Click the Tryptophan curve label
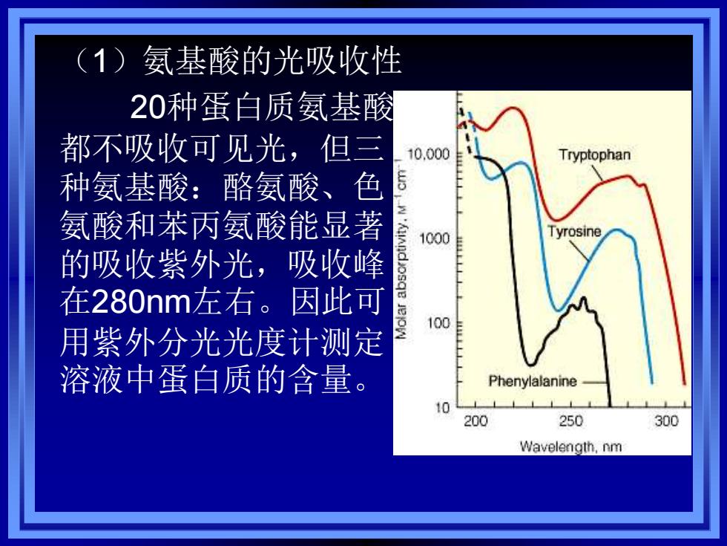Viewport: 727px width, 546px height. (594, 155)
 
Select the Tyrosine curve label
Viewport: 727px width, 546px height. (574, 231)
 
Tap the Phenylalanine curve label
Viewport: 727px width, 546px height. (533, 381)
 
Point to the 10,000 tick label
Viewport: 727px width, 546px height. (429, 154)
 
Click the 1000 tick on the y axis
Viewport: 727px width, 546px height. (435, 238)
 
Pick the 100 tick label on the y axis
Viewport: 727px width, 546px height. (438, 322)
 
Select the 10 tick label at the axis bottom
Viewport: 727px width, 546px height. (443, 408)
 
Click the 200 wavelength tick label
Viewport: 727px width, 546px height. (476, 421)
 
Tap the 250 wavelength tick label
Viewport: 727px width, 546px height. (570, 421)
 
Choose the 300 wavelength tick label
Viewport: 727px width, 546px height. (666, 421)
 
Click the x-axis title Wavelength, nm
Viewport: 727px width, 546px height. (570, 446)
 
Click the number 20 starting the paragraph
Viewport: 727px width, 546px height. (148, 107)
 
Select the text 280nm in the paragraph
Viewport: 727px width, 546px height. (142, 302)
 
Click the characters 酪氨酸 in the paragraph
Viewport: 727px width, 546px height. (271, 186)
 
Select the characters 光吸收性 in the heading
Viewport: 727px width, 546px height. (337, 61)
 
